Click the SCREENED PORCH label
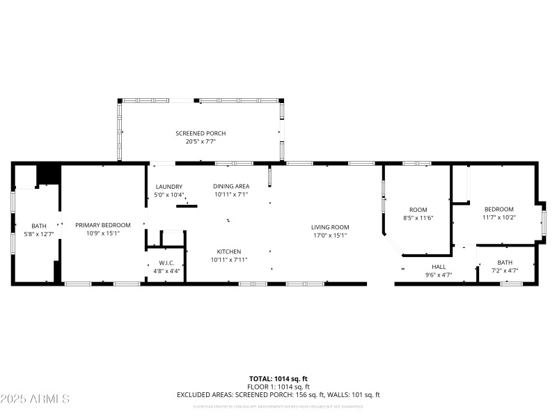(201, 133)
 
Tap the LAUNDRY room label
(168, 187)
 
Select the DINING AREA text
(231, 186)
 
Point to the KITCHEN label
(228, 251)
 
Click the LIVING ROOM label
(329, 227)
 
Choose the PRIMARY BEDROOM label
(103, 225)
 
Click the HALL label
(439, 267)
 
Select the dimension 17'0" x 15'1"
(329, 235)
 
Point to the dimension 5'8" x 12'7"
(38, 234)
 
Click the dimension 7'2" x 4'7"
(505, 270)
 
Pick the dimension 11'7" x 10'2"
(499, 217)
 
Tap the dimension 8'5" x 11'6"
(418, 218)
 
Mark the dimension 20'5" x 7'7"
(201, 141)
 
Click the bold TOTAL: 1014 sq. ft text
(278, 378)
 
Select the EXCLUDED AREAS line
(278, 395)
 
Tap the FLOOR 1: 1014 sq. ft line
(278, 387)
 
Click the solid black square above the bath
(48, 173)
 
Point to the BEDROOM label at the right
(499, 209)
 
